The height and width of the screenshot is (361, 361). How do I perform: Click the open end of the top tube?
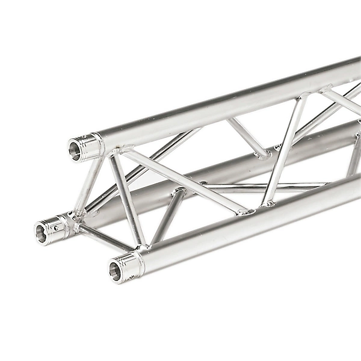75,149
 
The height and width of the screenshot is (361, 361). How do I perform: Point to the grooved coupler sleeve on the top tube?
90,146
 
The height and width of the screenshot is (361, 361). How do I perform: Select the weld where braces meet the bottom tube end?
142,247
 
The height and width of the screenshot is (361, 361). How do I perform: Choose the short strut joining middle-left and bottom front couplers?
105,236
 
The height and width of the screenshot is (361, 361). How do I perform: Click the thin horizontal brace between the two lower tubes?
265,185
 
